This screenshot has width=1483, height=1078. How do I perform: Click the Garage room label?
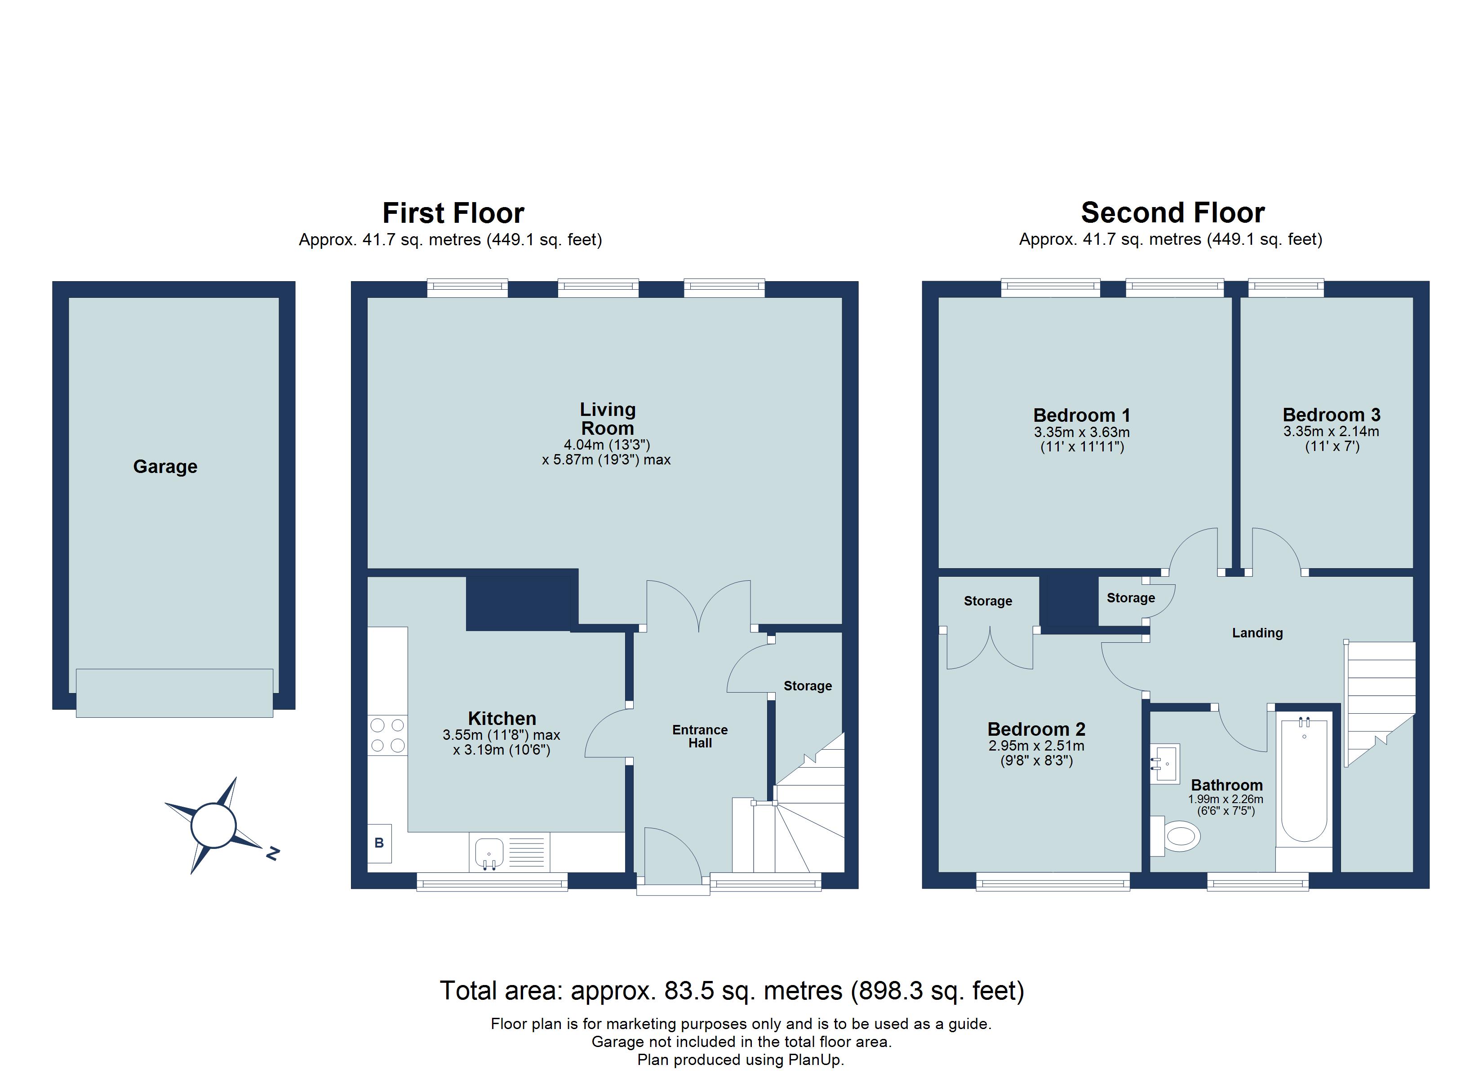165,467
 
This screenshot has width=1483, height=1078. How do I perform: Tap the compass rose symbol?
213,826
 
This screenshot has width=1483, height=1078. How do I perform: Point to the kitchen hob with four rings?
387,735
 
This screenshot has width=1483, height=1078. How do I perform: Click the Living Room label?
608,419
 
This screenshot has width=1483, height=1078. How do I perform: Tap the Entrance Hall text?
700,736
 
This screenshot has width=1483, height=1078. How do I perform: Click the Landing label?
1257,633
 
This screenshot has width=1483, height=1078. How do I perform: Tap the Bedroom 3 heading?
1331,415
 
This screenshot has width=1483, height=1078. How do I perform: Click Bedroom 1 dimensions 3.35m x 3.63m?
1082,433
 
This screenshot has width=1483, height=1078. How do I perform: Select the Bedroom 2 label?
1036,729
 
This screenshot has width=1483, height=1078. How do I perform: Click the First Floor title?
453,213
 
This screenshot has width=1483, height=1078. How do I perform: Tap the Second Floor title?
1172,213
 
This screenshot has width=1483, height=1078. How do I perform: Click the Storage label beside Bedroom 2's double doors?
987,601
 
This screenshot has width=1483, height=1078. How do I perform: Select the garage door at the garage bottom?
174,693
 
